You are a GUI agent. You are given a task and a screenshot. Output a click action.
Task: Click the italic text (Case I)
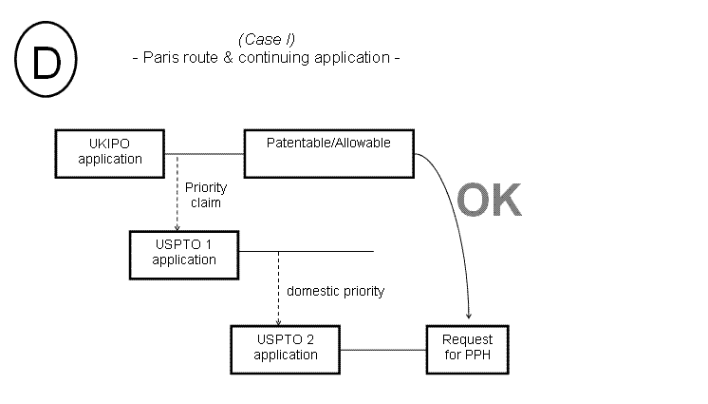(x=266, y=39)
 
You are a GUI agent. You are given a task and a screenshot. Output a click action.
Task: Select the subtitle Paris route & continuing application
(x=265, y=57)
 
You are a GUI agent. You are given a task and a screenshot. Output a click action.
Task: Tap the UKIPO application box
(x=110, y=151)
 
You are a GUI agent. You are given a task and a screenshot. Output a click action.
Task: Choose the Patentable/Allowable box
(x=329, y=152)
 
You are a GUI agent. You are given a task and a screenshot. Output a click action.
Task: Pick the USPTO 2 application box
(x=286, y=348)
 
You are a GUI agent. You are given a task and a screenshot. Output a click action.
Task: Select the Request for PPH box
(x=468, y=348)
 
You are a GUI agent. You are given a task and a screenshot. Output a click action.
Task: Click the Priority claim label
(x=206, y=196)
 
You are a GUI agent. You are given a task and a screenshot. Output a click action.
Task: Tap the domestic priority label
(x=335, y=292)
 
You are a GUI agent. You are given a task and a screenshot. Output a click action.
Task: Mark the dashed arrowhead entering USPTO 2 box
(x=277, y=321)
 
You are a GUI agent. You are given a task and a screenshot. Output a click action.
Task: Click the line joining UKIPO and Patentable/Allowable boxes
(x=206, y=152)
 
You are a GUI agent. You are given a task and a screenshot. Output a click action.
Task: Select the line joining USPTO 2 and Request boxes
(x=383, y=349)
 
